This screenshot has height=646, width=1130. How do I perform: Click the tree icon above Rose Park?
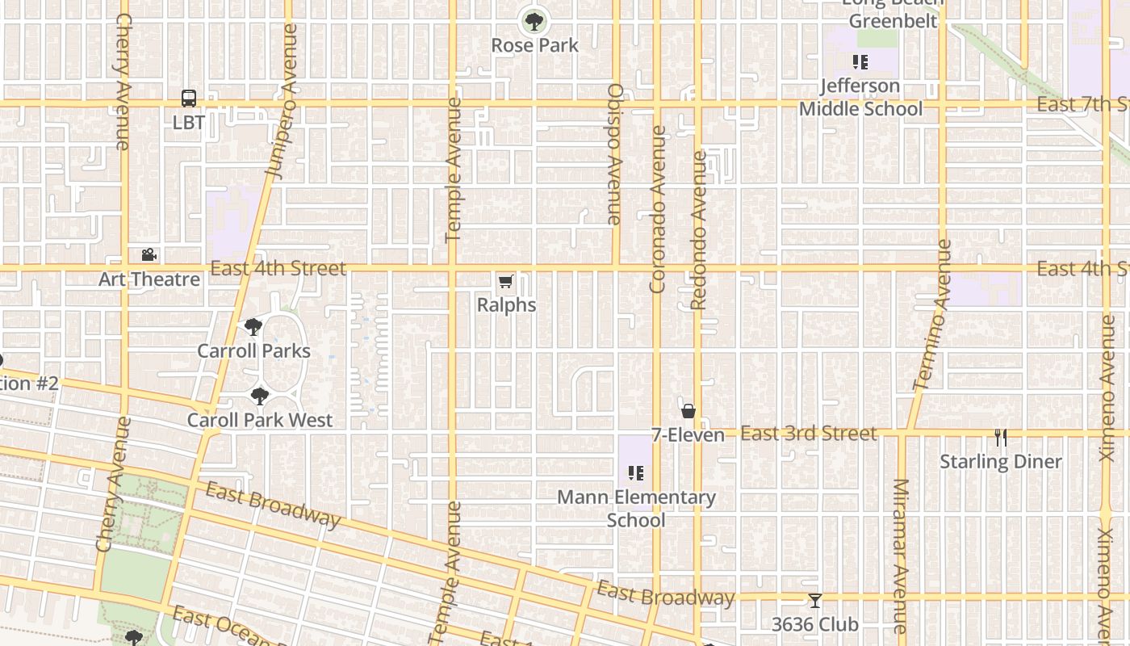(x=533, y=21)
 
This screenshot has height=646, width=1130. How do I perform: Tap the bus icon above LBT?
(x=189, y=99)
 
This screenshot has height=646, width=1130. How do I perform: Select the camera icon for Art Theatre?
(x=149, y=255)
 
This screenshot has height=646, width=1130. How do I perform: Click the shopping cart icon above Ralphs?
(x=505, y=281)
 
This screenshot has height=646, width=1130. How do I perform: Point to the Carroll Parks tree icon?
(x=253, y=327)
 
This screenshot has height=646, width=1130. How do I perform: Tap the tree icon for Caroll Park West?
(x=259, y=396)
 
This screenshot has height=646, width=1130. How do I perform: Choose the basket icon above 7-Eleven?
(x=688, y=411)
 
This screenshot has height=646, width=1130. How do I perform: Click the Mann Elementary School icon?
(x=636, y=473)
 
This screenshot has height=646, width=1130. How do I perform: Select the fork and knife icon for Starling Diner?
(x=1001, y=438)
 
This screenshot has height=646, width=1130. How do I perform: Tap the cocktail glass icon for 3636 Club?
(x=815, y=601)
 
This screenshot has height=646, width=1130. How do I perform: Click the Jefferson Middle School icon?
(x=860, y=62)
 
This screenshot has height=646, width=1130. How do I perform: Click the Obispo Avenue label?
(x=614, y=153)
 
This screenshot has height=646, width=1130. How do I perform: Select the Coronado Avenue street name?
(x=658, y=208)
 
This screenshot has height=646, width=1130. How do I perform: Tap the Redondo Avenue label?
(x=699, y=230)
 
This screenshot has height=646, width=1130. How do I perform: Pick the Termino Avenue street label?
(x=933, y=315)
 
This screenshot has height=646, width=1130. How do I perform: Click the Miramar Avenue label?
(x=901, y=556)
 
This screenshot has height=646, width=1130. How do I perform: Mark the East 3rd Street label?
(x=808, y=434)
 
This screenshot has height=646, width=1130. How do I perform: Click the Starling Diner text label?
(x=1001, y=462)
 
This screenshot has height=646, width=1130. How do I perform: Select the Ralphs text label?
(x=506, y=305)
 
